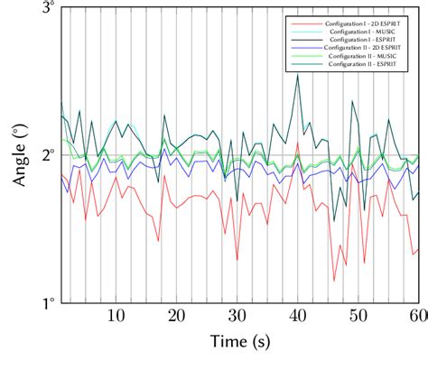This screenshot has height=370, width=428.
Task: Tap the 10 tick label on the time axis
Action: [x=116, y=316]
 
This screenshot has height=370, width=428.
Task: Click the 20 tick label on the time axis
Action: [x=176, y=316]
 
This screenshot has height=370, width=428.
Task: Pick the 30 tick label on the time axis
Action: [x=237, y=316]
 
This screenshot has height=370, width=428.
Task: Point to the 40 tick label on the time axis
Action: [x=298, y=316]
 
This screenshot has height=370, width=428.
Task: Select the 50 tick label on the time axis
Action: [x=358, y=316]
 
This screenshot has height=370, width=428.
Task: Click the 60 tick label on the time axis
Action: [x=418, y=316]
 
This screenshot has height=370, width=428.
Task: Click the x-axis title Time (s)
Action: [x=239, y=343]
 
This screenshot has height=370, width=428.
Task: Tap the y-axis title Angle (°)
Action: [x=20, y=155]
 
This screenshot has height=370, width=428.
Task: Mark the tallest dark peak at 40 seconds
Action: [x=298, y=76]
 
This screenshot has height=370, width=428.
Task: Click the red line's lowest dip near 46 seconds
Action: [x=334, y=281]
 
